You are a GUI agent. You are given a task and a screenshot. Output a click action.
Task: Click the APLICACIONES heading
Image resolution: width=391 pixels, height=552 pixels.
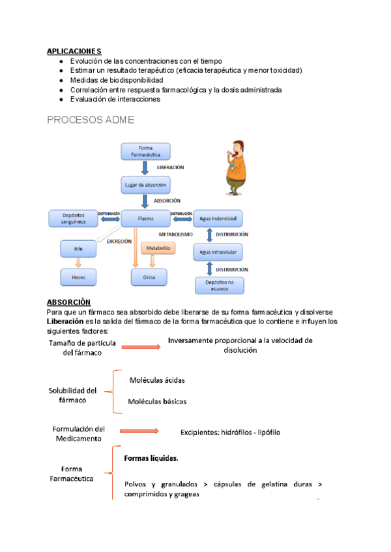click(x=74, y=51)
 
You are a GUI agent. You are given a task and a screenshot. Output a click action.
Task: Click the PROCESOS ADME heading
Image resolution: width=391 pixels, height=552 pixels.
click(x=91, y=120)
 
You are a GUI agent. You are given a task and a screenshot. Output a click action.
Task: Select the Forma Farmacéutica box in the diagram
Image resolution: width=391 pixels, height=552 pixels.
click(x=145, y=152)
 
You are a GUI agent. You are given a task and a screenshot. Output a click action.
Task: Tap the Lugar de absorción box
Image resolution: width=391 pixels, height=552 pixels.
click(x=145, y=185)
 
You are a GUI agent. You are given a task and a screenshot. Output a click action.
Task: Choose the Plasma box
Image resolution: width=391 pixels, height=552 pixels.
click(x=145, y=219)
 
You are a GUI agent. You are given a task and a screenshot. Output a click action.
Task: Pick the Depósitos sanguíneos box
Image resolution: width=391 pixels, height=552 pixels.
click(x=74, y=219)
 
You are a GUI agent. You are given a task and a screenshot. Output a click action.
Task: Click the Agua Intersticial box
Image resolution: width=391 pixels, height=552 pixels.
click(x=218, y=219)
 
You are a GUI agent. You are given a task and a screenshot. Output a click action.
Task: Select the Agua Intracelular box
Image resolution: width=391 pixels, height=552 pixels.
click(x=218, y=252)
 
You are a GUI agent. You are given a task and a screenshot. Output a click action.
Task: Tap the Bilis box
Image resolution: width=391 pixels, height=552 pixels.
click(x=78, y=248)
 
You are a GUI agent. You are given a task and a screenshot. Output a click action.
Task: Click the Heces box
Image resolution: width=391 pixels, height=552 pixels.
click(x=78, y=277)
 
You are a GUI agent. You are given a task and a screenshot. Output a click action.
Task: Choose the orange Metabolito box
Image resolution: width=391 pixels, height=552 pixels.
click(x=157, y=248)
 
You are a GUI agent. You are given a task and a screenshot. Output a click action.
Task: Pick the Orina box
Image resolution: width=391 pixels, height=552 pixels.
click(x=145, y=277)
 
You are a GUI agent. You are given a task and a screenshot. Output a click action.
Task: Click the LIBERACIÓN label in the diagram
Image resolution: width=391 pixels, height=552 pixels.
click(x=170, y=168)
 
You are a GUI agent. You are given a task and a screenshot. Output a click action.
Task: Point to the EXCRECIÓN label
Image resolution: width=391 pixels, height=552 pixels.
click(x=119, y=241)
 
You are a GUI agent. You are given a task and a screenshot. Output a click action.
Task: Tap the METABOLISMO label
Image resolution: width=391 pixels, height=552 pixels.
click(x=175, y=234)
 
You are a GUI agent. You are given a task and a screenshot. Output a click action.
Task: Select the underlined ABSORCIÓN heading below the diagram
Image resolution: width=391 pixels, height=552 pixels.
click(x=68, y=302)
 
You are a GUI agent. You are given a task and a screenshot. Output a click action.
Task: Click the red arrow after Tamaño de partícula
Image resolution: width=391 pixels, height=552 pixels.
click(x=140, y=347)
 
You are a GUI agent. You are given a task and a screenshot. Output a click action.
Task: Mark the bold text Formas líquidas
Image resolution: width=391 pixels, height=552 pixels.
click(x=151, y=458)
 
